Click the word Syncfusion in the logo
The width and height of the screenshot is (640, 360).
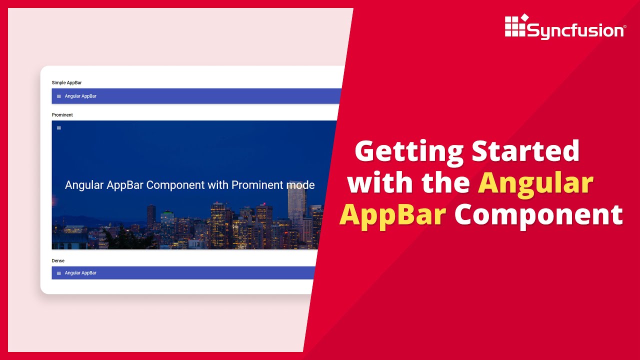click(575, 31)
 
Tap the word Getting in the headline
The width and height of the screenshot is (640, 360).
click(408, 150)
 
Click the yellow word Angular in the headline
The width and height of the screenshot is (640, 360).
click(535, 183)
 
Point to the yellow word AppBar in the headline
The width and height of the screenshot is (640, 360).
click(392, 215)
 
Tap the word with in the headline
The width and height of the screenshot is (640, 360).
click(381, 183)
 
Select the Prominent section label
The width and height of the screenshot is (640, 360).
click(62, 115)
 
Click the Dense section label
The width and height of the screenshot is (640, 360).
click(58, 260)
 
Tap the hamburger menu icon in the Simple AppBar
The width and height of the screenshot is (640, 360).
click(59, 96)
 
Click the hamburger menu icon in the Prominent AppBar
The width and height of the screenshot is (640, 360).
click(59, 128)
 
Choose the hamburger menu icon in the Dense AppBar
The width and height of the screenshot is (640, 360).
click(59, 273)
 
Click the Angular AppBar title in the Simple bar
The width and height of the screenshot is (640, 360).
click(80, 96)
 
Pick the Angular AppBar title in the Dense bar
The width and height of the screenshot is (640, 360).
click(80, 273)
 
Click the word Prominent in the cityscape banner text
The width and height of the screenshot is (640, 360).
click(257, 185)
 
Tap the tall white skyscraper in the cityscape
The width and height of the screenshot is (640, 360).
click(296, 205)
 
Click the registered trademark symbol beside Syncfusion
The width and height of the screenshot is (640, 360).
click(624, 26)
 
